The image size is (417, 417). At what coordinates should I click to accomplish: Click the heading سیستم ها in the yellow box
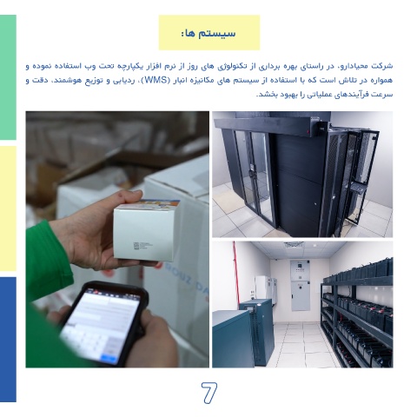click(208, 33)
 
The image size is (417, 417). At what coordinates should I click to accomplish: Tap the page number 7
click(209, 393)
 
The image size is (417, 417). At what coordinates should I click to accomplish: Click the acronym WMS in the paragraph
click(157, 80)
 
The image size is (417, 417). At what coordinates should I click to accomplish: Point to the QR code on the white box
click(136, 246)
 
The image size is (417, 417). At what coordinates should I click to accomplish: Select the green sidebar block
click(8, 77)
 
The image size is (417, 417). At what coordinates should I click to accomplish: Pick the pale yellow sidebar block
click(8, 208)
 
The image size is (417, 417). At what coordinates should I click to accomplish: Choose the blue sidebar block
click(8, 340)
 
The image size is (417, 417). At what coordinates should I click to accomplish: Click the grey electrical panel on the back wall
click(300, 285)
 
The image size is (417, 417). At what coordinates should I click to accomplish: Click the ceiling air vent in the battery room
click(293, 245)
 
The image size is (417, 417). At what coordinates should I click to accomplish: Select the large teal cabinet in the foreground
click(232, 339)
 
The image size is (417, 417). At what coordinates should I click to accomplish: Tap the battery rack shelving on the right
click(358, 313)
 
